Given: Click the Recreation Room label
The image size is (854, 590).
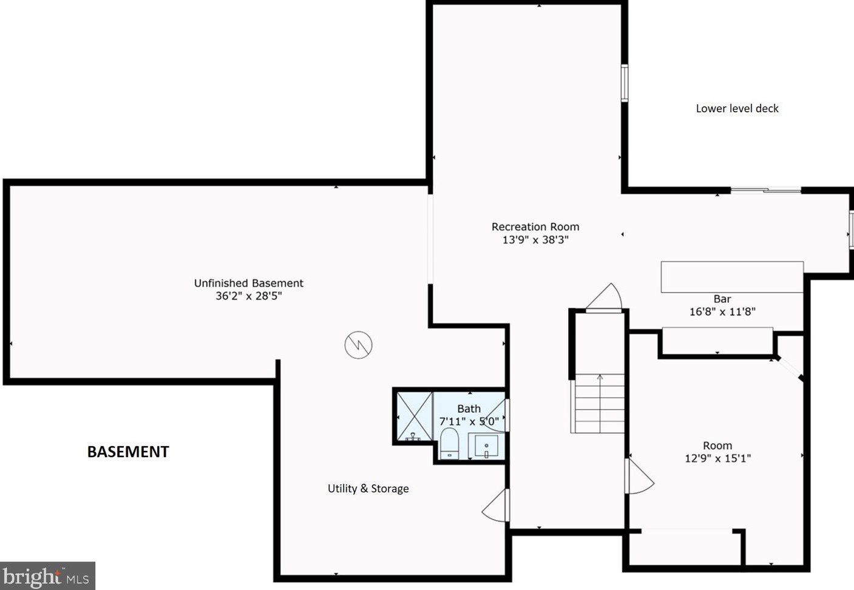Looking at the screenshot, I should (x=535, y=226).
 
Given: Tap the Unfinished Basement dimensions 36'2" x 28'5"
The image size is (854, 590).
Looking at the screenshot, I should (x=249, y=296).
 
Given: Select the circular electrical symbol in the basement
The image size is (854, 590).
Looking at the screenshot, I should (x=358, y=345).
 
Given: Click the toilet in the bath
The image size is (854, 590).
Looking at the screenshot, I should (x=449, y=442).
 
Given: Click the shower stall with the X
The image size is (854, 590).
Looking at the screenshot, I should (x=414, y=416).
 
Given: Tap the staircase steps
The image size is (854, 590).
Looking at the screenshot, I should (x=598, y=403).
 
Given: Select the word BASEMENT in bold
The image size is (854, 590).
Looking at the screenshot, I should (x=128, y=452).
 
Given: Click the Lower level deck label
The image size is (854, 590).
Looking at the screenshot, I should (x=737, y=109).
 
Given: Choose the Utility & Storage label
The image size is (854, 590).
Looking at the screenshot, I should (x=368, y=489).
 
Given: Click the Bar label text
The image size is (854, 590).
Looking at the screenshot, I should (x=722, y=299).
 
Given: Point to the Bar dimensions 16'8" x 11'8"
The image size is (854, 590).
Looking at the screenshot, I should (x=722, y=312).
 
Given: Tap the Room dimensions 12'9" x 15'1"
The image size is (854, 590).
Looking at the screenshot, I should (x=717, y=459).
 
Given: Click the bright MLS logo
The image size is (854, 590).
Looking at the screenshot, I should (x=47, y=576).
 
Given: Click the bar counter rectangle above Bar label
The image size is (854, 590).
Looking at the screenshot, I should (x=732, y=277).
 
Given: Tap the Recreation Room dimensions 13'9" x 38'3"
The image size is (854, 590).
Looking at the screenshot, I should (x=535, y=240).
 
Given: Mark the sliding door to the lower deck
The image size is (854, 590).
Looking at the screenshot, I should (x=765, y=191).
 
